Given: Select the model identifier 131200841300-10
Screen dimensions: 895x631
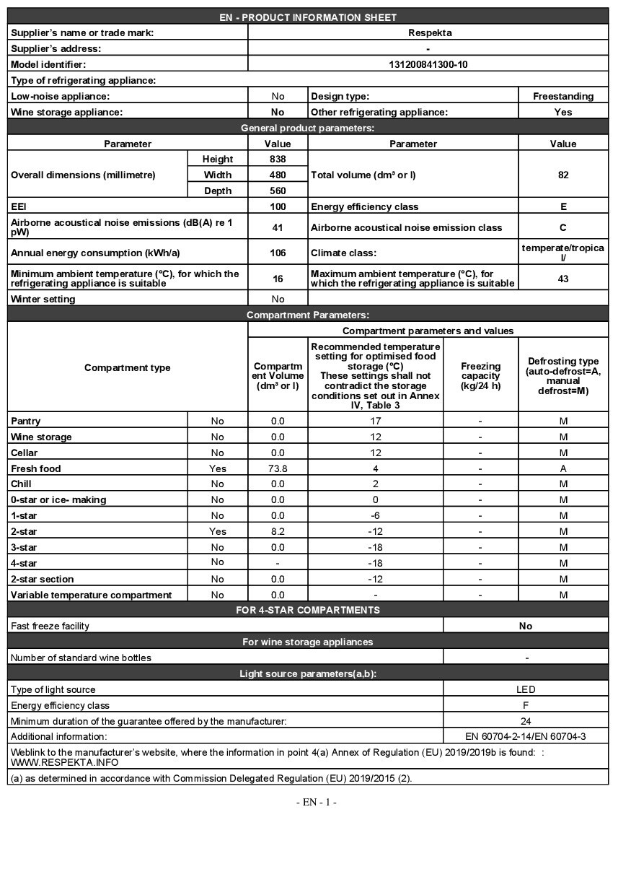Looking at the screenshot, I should coord(428,64).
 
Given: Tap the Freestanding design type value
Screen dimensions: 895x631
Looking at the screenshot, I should coord(563,96).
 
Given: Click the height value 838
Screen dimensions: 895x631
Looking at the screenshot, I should coord(278,159).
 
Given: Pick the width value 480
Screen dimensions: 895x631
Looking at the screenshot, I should coord(278,175).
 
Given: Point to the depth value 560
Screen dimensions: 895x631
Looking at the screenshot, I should coord(278,191).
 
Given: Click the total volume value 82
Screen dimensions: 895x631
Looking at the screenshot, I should coord(563,175).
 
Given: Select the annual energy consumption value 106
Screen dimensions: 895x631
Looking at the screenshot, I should coord(278,253).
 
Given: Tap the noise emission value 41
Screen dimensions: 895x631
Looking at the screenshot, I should coord(278,227).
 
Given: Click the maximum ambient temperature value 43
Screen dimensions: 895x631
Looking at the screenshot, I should coord(563,279).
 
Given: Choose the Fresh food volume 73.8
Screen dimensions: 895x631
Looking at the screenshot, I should coord(278,468).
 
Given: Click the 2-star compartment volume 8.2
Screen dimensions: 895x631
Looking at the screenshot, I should coord(278,531).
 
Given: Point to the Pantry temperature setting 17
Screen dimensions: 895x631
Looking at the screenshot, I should coord(375,421).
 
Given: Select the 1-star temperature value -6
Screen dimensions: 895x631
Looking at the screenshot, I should coord(375,515).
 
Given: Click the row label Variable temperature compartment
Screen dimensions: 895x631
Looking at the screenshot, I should coord(92,595).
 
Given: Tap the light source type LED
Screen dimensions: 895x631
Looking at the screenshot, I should coord(526,689).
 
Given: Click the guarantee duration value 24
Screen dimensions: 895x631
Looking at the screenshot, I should coord(526,721).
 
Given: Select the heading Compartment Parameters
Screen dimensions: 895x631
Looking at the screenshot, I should coord(308,315).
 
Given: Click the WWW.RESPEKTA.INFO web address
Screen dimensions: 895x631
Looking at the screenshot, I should coord(65,762).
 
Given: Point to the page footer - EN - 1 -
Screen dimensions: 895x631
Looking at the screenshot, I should coord(316,803).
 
